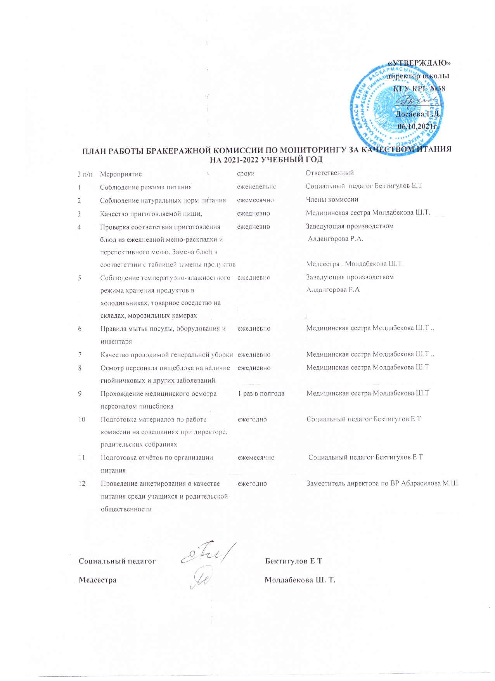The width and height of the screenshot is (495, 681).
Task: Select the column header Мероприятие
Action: point(121,174)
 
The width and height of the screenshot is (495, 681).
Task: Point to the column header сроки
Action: point(246,173)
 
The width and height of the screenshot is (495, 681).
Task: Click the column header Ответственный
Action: point(329,173)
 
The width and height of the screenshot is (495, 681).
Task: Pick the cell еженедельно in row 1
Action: point(256,187)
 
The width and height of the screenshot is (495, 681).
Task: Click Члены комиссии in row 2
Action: point(332,199)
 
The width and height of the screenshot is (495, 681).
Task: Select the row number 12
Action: point(82,484)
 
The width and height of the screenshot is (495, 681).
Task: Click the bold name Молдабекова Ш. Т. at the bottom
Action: point(300,580)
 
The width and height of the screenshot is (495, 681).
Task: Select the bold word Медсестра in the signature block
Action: point(97,580)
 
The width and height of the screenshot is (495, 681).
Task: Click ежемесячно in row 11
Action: point(256,458)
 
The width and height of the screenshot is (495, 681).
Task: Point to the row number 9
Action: point(80,393)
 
